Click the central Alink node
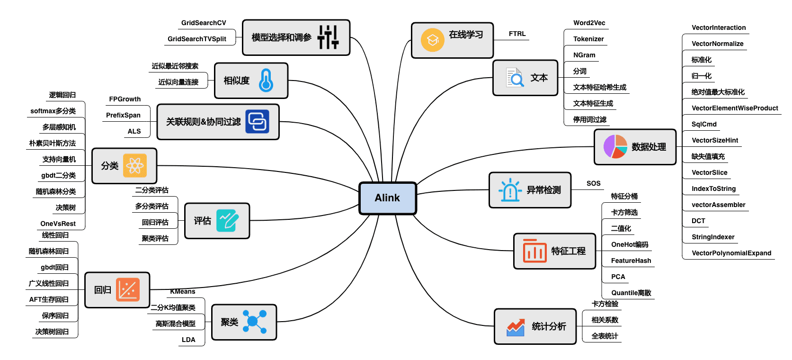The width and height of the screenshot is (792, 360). [x=387, y=198]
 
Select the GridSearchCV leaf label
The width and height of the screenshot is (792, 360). [x=204, y=23]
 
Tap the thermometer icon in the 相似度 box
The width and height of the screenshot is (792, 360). [x=266, y=80]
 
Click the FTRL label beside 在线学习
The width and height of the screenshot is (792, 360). [x=517, y=34]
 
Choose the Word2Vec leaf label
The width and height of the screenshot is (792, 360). [x=589, y=23]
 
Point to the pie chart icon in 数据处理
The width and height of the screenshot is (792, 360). [x=615, y=146]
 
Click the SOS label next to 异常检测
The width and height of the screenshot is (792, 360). [x=593, y=183]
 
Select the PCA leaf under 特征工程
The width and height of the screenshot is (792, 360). [x=618, y=277]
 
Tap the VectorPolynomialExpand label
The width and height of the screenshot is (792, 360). [x=731, y=253]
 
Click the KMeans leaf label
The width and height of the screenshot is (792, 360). [x=183, y=291]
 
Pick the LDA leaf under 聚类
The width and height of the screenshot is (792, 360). [x=188, y=340]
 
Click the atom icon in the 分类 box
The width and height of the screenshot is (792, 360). [x=135, y=166]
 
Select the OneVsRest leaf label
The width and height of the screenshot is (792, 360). [x=58, y=224]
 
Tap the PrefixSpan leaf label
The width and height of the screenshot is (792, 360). [x=123, y=115]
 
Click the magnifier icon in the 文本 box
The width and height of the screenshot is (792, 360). [x=515, y=78]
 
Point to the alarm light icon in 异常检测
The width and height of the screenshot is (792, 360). [x=510, y=190]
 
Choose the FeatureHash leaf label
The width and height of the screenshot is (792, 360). [x=631, y=261]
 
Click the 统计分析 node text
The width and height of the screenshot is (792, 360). [x=549, y=326]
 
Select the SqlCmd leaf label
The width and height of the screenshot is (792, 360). [x=704, y=124]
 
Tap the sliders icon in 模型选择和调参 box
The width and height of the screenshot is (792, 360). [x=328, y=37]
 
